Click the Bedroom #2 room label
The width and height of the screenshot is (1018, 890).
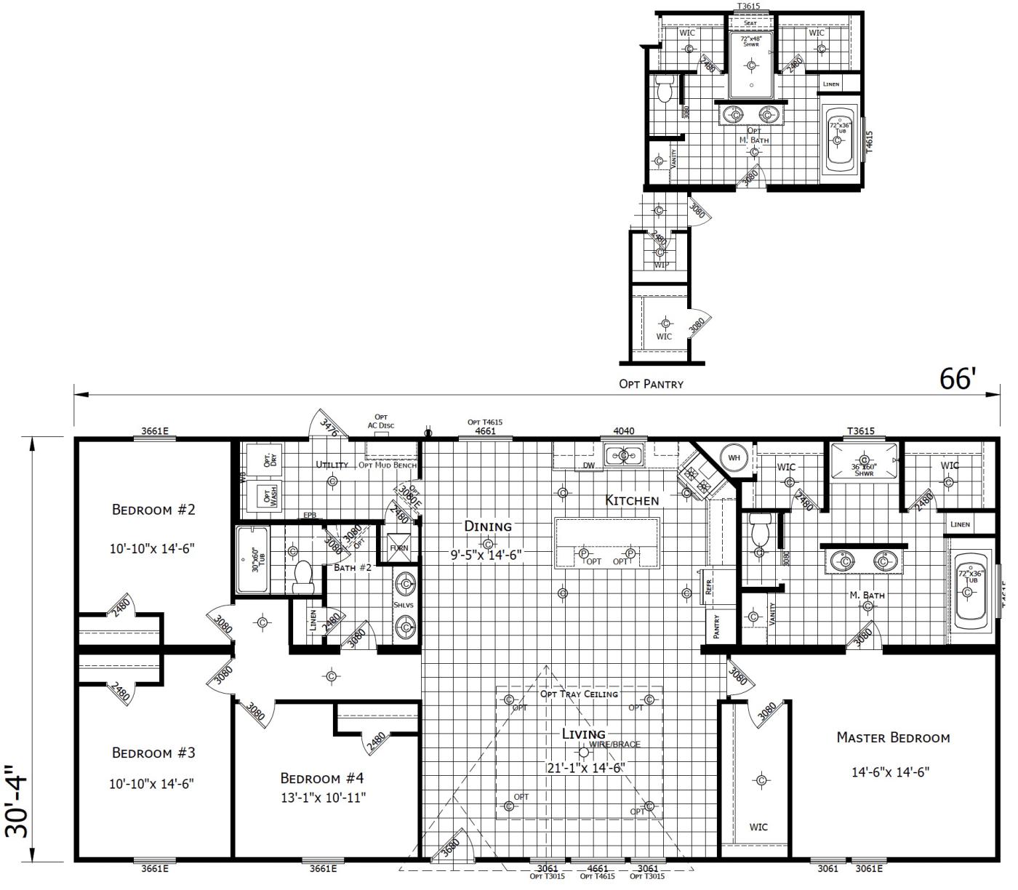153,509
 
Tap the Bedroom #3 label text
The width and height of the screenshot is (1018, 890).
153,753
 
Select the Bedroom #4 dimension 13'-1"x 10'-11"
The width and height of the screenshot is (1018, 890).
322,798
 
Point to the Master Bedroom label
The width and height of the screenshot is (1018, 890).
893,737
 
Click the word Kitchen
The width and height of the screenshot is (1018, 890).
632,500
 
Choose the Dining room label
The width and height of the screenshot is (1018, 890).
488,526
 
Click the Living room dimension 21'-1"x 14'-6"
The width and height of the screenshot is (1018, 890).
585,768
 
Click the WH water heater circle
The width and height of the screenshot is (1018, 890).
734,457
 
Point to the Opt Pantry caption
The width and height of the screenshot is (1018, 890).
651,384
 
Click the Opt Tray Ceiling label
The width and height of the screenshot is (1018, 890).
579,694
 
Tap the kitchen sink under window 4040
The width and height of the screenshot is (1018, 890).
623,456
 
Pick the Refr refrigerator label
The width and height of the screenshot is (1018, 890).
709,588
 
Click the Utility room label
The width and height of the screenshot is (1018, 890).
332,464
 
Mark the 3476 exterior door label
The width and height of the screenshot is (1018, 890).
329,427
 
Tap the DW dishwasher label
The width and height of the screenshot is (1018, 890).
589,465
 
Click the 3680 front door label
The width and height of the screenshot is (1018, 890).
451,847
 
